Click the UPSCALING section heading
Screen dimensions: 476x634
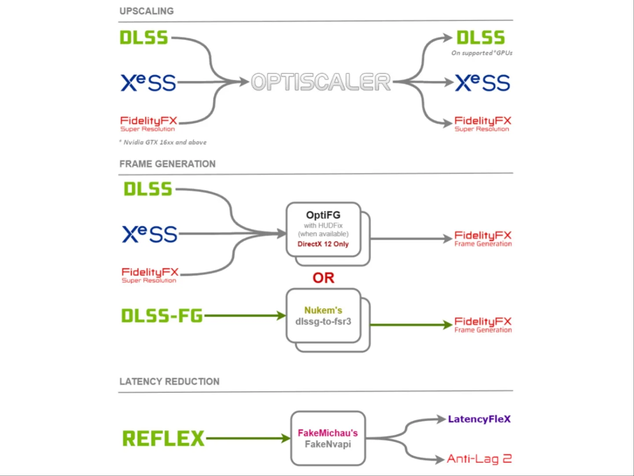pyautogui.click(x=147, y=11)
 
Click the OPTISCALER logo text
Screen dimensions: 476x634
pyautogui.click(x=321, y=82)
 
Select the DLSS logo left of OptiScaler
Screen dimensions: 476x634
pyautogui.click(x=144, y=38)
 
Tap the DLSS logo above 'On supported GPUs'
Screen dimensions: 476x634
pyautogui.click(x=480, y=38)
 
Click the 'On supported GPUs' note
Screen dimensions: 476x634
pyautogui.click(x=482, y=53)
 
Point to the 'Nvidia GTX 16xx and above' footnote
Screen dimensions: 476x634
pyautogui.click(x=163, y=142)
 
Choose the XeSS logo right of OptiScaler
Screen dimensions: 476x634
pyautogui.click(x=483, y=83)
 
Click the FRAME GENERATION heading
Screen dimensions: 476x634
pyautogui.click(x=167, y=164)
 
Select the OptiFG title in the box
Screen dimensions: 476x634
pyautogui.click(x=323, y=215)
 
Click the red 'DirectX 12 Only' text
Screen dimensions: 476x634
pyautogui.click(x=323, y=244)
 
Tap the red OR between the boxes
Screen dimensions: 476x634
pyautogui.click(x=324, y=278)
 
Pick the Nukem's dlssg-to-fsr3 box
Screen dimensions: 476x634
pyautogui.click(x=324, y=316)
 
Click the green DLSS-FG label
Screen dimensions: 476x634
pyautogui.click(x=162, y=316)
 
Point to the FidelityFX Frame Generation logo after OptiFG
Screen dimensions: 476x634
pyautogui.click(x=483, y=238)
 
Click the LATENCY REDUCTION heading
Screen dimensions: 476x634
pyautogui.click(x=169, y=382)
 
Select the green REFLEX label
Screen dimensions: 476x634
pyautogui.click(x=163, y=439)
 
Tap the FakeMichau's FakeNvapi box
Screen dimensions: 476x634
pyautogui.click(x=328, y=439)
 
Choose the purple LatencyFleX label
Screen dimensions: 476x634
pyautogui.click(x=479, y=419)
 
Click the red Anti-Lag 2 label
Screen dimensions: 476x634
pyautogui.click(x=479, y=459)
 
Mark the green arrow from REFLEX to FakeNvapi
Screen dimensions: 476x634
pyautogui.click(x=247, y=439)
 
